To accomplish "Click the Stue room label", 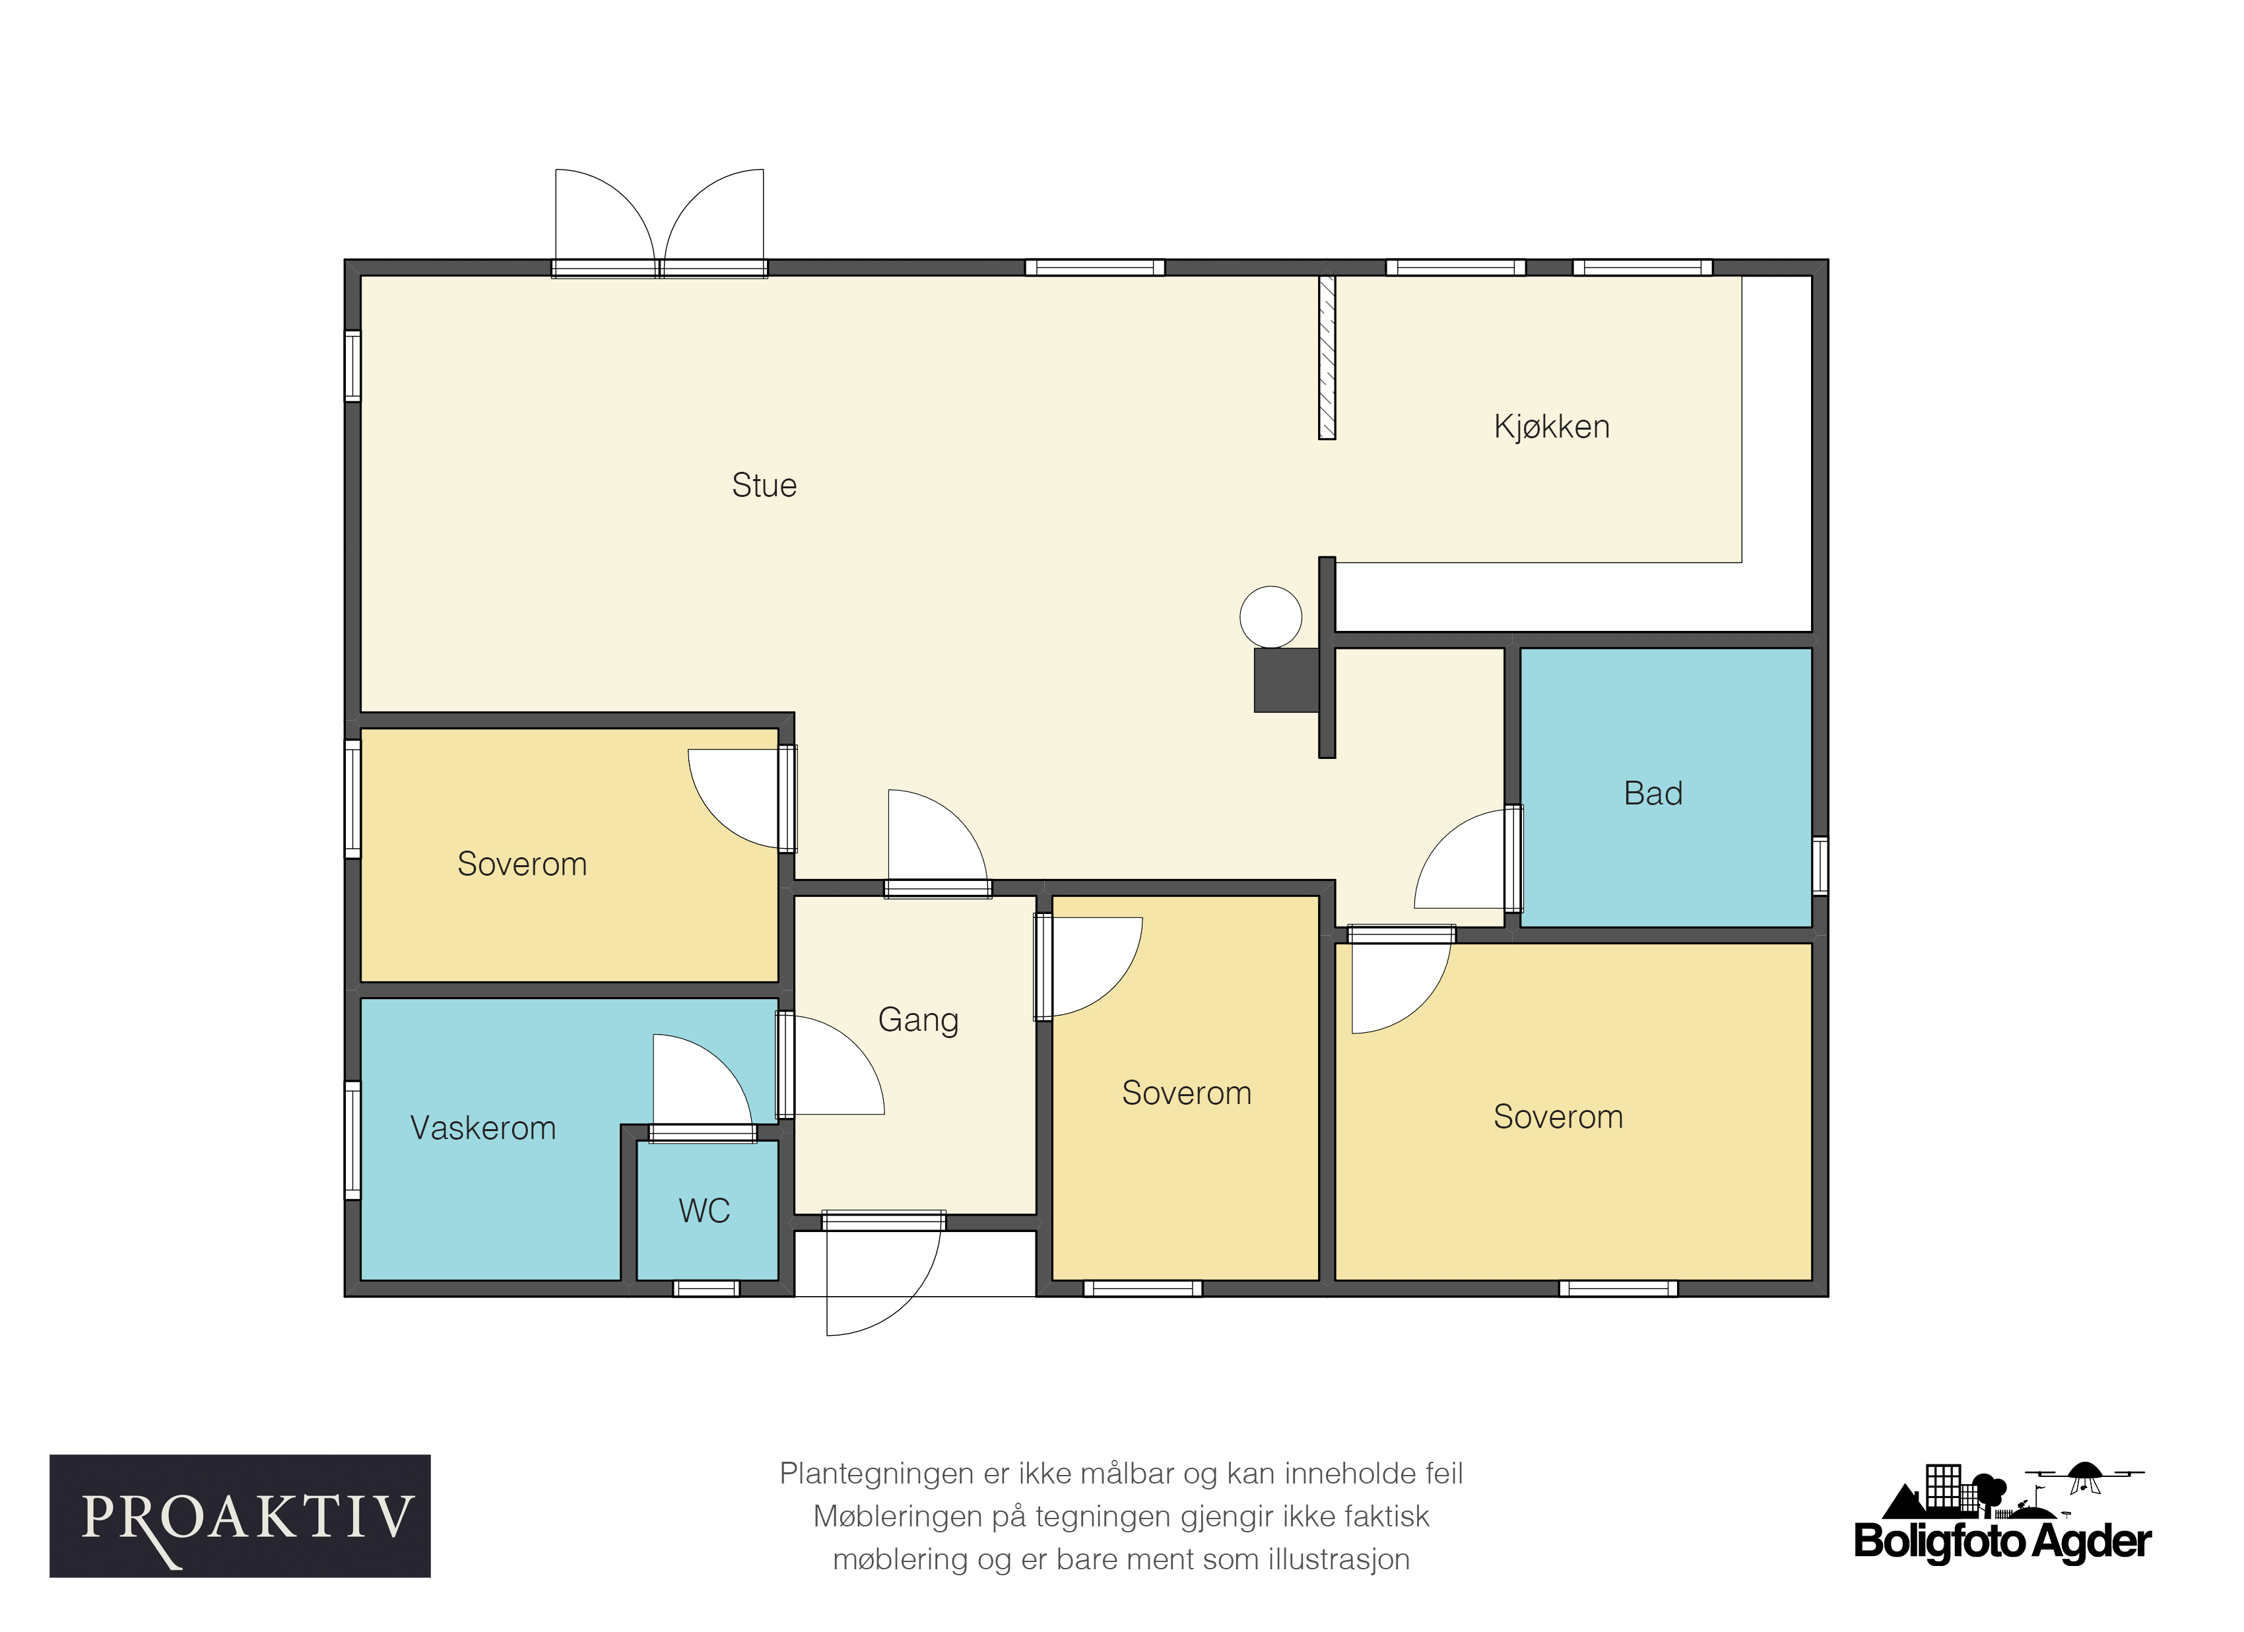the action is click(764, 486).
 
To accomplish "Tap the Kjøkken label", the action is click(1552, 426).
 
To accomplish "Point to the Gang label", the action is click(918, 1020).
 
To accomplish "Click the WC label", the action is click(704, 1211).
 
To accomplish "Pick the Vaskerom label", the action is click(483, 1128).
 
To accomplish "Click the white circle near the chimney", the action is click(1270, 616).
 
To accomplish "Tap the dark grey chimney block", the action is click(1286, 680).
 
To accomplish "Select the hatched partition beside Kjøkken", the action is click(1327, 357).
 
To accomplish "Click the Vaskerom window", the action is click(352, 1140).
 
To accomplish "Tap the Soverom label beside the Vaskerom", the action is click(523, 865).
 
